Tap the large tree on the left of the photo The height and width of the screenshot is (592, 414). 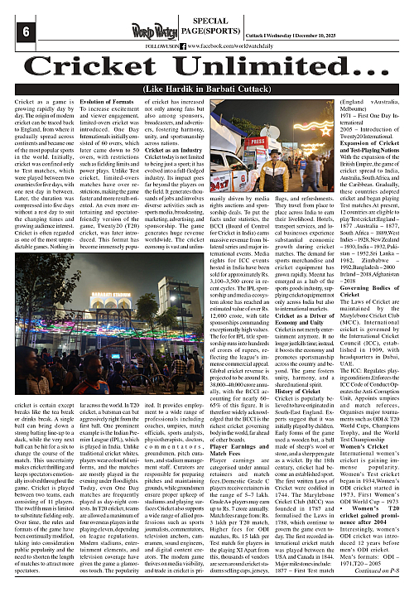coord(37,306)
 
